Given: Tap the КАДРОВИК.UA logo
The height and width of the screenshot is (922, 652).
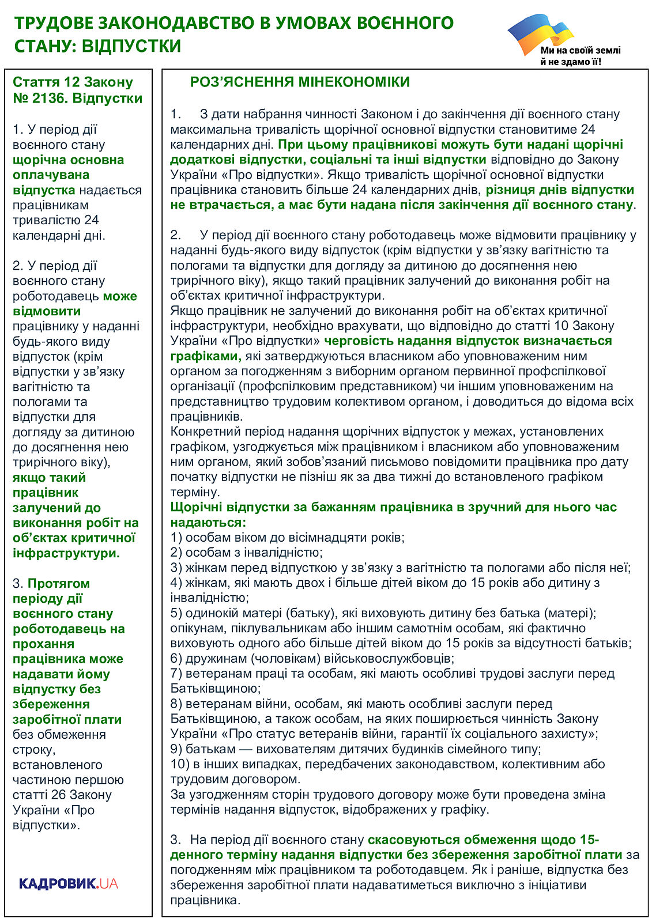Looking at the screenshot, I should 68,883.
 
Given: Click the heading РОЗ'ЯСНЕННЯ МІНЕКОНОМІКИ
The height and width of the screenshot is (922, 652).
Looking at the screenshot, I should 300,82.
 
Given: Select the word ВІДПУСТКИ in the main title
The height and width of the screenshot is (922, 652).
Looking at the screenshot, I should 131,46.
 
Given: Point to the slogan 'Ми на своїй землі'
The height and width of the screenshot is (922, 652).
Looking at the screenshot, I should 580,51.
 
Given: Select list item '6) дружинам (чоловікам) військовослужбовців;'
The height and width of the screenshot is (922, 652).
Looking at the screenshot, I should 312,658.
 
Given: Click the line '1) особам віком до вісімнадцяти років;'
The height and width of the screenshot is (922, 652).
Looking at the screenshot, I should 287,538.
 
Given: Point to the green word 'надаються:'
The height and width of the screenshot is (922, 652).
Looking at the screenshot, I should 208,523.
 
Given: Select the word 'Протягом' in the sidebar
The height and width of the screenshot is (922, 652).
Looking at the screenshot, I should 59,584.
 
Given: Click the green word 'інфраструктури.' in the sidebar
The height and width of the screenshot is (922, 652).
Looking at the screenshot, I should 66,553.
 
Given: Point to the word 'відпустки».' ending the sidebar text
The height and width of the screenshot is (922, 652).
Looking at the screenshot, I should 46,825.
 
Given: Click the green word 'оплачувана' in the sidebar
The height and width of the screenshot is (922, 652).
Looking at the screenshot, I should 51,175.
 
